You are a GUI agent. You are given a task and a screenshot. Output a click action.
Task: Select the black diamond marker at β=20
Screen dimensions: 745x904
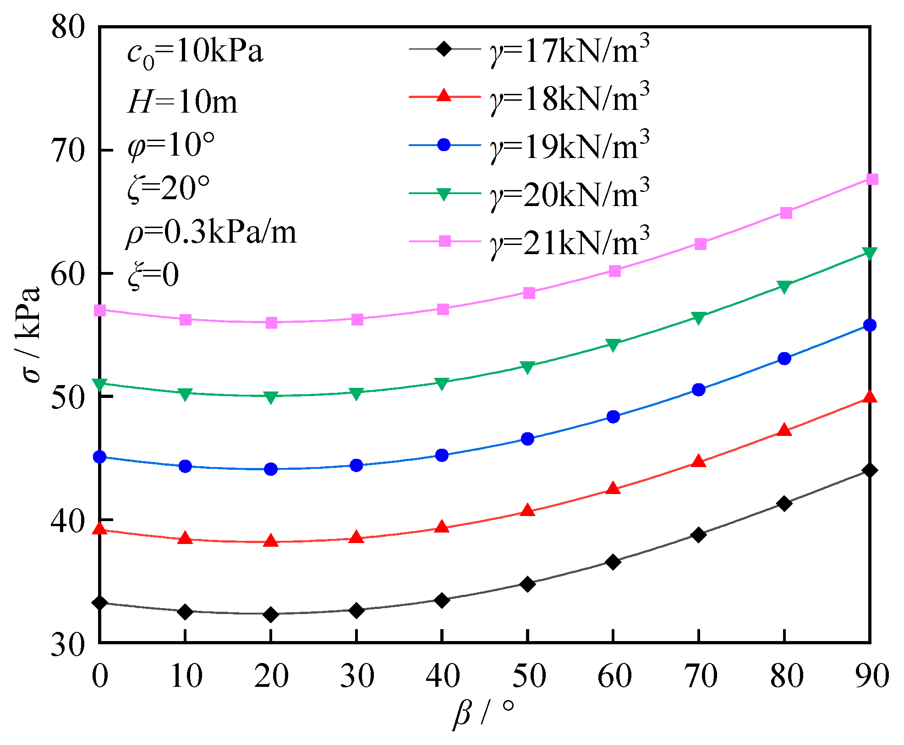tap(271, 614)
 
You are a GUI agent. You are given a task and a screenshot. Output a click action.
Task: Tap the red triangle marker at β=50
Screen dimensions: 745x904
tap(528, 511)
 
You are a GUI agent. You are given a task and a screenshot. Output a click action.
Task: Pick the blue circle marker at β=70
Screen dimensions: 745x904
tap(699, 390)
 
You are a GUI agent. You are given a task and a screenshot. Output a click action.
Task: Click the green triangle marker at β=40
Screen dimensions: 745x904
tap(442, 383)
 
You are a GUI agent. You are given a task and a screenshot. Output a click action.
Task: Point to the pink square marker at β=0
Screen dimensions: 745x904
tap(100, 310)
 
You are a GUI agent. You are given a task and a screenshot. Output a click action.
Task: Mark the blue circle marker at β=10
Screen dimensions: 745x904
tap(185, 466)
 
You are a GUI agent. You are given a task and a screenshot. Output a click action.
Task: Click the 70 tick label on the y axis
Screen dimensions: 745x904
tap(68, 151)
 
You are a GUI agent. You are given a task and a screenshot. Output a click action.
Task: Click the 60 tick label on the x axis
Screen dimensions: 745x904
tap(614, 676)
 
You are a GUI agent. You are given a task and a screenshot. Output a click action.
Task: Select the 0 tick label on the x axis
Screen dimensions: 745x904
tap(100, 676)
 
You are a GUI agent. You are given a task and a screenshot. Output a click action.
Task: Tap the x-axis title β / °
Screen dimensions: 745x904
tap(484, 713)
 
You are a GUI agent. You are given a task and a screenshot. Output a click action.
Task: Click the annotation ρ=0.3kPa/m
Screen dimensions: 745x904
tap(211, 233)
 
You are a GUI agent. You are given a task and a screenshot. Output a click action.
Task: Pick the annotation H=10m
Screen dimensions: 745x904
tap(182, 102)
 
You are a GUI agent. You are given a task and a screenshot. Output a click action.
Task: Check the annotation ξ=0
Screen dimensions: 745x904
tap(153, 276)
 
